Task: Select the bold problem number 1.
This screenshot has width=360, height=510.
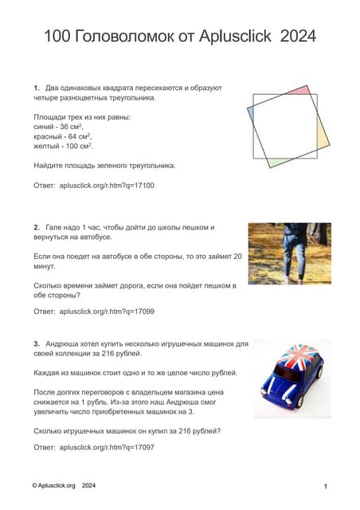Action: click(37, 87)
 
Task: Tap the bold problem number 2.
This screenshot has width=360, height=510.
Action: click(37, 227)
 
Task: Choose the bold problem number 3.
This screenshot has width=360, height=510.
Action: click(37, 344)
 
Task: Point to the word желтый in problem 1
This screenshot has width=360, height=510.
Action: click(48, 146)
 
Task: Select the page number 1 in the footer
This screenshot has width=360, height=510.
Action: click(327, 486)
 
